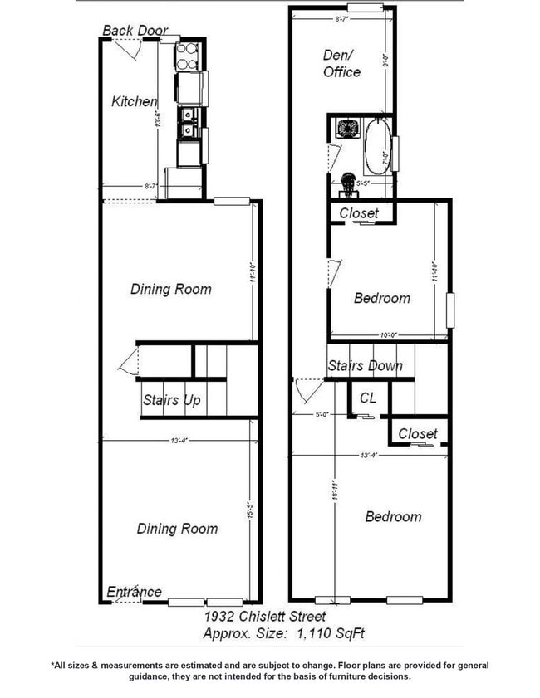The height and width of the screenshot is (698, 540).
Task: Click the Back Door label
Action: point(135,32)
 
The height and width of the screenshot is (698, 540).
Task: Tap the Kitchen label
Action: point(134,102)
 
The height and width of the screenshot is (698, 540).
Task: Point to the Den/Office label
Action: point(341,63)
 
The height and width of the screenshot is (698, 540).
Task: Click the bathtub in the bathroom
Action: point(378,146)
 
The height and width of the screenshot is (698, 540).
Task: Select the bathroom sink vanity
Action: point(345,129)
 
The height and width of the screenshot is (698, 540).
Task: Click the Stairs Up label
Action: point(172,401)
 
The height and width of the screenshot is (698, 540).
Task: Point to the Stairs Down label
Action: point(365,366)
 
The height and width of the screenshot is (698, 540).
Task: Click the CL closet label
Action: point(368,398)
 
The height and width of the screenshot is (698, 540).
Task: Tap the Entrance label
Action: point(134,592)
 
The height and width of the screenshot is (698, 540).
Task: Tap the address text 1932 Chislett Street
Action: point(265,617)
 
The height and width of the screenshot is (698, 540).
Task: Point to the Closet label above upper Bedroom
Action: point(359,213)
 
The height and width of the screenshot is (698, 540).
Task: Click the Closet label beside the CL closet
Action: point(418,433)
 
